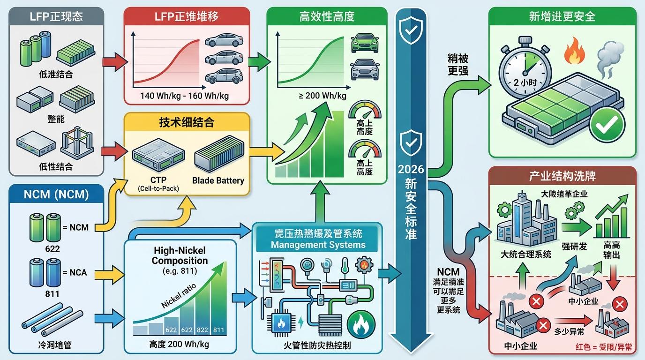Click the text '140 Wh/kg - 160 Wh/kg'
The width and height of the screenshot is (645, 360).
click(184, 96)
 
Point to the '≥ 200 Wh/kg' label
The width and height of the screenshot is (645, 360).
click(322, 96)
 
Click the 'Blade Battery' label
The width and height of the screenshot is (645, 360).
click(218, 180)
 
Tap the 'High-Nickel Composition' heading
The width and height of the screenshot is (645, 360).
click(180, 256)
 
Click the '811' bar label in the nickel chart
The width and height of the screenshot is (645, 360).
click(218, 330)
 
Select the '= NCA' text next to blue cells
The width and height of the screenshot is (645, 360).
click(75, 272)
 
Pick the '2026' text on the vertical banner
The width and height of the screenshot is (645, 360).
click(411, 169)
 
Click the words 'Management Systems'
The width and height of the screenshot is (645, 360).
click(318, 245)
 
